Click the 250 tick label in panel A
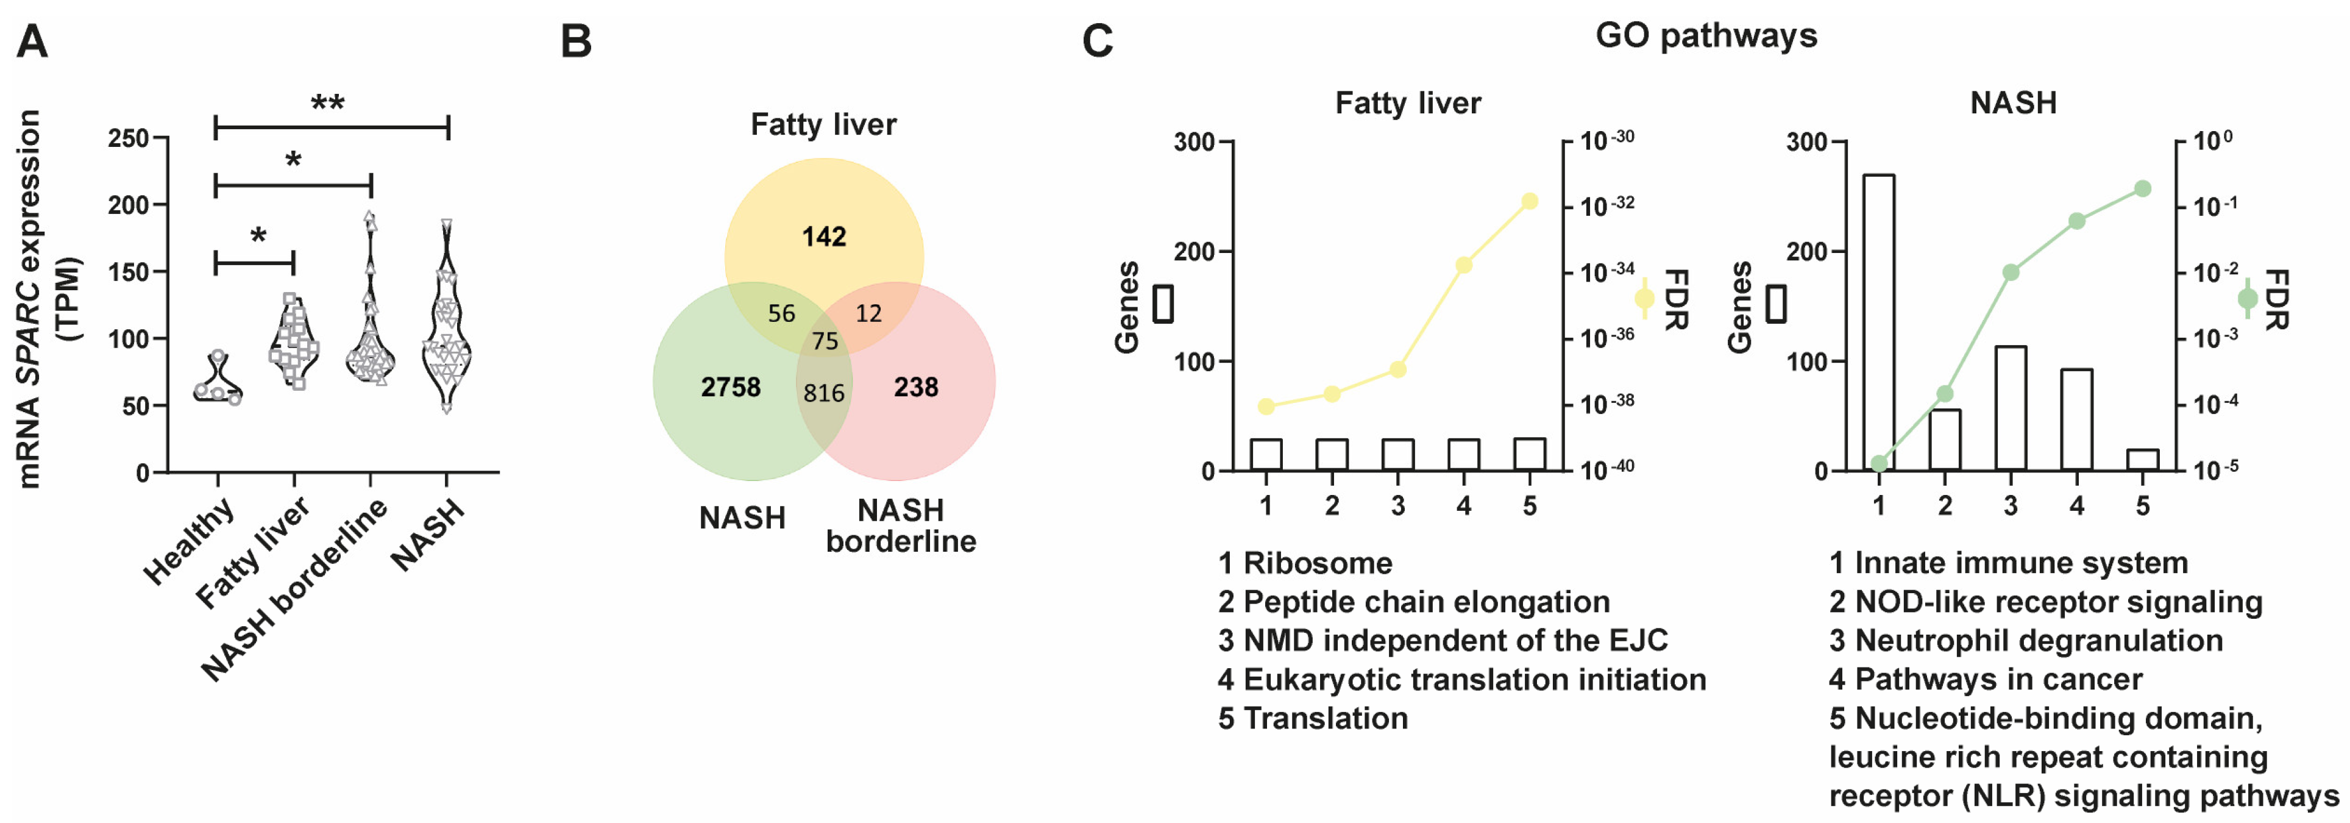[128, 138]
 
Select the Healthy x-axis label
[190, 542]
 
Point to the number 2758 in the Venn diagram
[730, 388]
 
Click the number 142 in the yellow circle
[824, 237]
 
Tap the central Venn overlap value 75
[825, 341]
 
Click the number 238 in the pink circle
[916, 388]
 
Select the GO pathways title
[1706, 35]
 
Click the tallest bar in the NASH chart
[1878, 322]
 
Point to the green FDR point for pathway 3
[2011, 272]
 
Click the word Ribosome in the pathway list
[1318, 563]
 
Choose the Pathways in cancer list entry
[1997, 679]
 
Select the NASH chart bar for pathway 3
[2011, 408]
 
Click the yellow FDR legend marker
[1645, 298]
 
